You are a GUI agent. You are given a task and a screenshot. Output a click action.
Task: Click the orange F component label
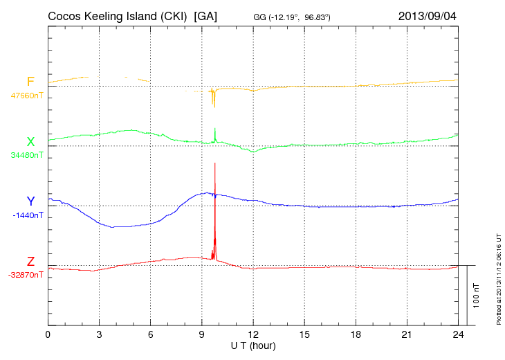[30, 82]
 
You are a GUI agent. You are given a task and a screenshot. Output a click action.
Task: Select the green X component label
[30, 142]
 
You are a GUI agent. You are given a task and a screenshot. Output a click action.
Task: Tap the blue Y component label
[30, 201]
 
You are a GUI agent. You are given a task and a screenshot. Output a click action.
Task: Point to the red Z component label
[30, 262]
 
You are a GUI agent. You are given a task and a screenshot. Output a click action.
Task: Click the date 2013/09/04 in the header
[428, 15]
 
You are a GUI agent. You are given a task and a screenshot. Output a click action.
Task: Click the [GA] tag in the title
[206, 15]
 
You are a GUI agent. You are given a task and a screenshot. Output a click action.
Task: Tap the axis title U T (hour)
[253, 345]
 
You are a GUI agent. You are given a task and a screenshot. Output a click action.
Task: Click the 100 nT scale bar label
[477, 295]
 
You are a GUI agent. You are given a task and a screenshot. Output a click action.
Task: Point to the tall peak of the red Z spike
[215, 164]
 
